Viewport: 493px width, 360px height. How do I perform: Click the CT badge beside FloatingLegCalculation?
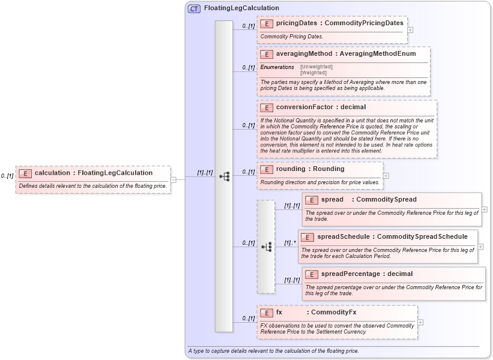pyautogui.click(x=194, y=8)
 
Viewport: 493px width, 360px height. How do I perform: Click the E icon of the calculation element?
pyautogui.click(x=25, y=173)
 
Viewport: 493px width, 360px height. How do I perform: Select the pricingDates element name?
pyautogui.click(x=297, y=23)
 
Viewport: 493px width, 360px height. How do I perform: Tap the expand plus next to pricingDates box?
pyautogui.click(x=410, y=29)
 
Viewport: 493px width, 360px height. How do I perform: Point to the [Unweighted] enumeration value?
pyautogui.click(x=316, y=67)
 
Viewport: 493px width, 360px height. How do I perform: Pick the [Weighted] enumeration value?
pyautogui.click(x=314, y=73)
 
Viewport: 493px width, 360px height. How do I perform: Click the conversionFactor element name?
pyautogui.click(x=304, y=107)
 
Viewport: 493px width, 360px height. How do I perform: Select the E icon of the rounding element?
pyautogui.click(x=267, y=169)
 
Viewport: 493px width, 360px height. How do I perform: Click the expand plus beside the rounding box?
pyautogui.click(x=386, y=176)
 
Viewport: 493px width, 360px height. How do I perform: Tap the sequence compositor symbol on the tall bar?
pyautogui.click(x=224, y=176)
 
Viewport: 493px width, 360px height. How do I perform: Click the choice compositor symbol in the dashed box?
pyautogui.click(x=266, y=247)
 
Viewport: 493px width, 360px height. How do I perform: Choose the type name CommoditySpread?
pyautogui.click(x=386, y=200)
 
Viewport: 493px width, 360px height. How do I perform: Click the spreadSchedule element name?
pyautogui.click(x=343, y=237)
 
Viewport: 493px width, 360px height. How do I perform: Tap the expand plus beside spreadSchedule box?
pyautogui.click(x=480, y=246)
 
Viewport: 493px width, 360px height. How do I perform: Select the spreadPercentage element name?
pyautogui.click(x=350, y=274)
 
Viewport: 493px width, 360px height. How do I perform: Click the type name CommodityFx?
pyautogui.click(x=333, y=313)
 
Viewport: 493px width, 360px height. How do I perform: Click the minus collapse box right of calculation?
pyautogui.click(x=173, y=178)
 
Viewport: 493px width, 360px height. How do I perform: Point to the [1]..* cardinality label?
pyautogui.click(x=290, y=243)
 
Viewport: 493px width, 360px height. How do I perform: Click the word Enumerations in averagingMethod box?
pyautogui.click(x=277, y=67)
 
